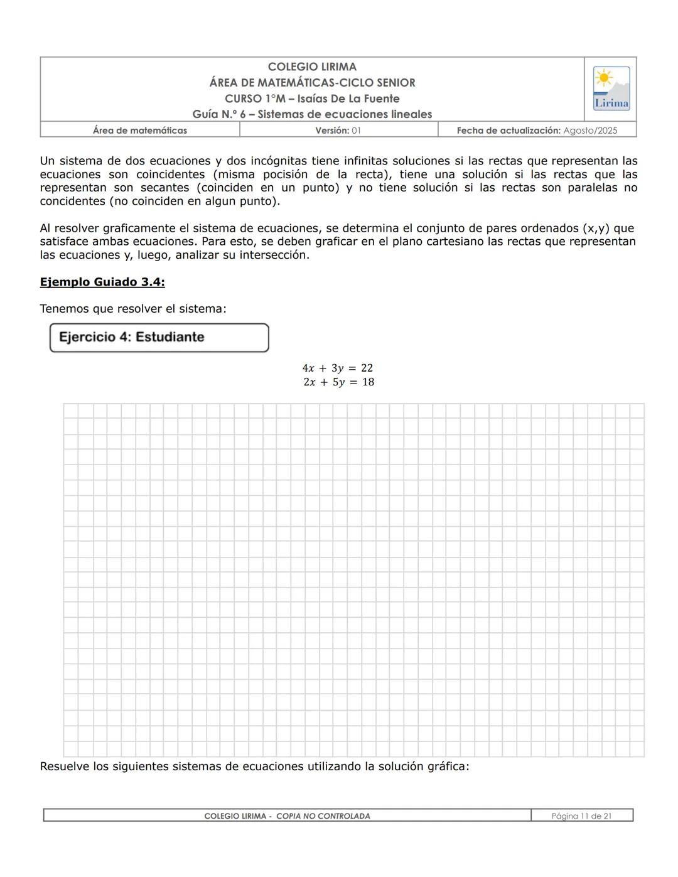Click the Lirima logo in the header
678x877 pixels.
point(611,89)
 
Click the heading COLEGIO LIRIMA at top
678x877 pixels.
point(312,67)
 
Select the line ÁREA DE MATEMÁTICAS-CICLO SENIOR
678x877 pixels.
point(312,82)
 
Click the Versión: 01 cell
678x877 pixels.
point(338,131)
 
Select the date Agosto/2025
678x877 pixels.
point(590,131)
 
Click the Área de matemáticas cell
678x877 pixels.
point(139,131)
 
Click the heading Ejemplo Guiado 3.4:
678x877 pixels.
point(102,282)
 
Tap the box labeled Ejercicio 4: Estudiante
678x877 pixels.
point(159,337)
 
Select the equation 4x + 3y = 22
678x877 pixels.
point(338,368)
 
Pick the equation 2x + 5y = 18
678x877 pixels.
point(338,382)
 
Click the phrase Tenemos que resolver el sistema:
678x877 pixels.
point(133,309)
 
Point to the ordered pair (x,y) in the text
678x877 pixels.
point(596,228)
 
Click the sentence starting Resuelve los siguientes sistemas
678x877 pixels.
point(254,767)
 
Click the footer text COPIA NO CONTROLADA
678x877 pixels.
point(323,816)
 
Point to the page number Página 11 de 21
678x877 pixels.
point(581,816)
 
